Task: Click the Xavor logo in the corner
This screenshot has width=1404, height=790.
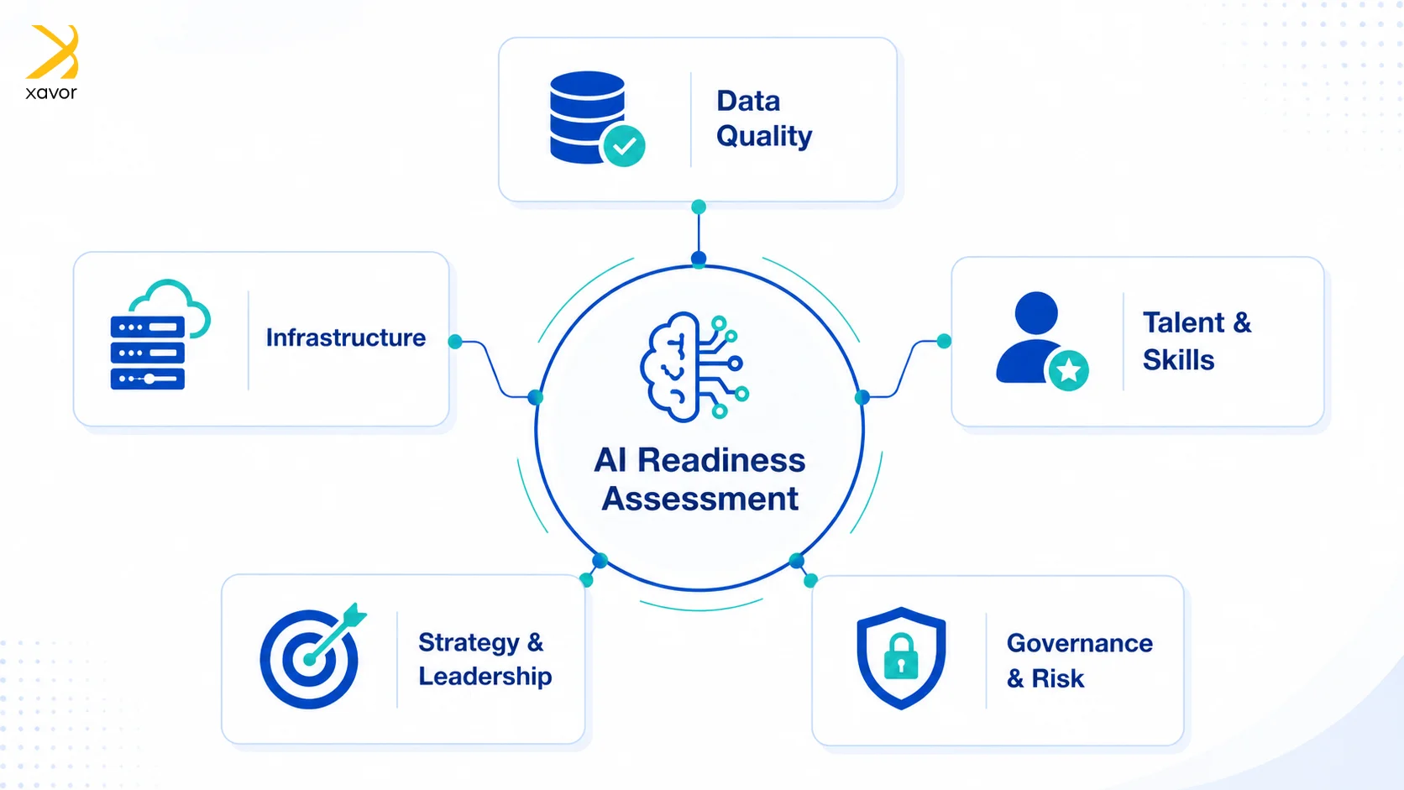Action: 51,62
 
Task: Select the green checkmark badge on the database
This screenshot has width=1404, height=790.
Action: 624,146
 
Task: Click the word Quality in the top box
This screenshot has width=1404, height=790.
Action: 764,137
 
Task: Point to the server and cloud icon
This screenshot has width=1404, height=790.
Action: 160,334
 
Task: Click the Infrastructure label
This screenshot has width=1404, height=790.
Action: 346,337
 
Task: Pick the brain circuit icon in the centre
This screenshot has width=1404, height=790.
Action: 694,367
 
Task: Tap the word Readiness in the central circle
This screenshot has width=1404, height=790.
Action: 721,460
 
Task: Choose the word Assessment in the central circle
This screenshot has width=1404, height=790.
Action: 700,500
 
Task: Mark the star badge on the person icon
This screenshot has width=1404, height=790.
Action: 1068,370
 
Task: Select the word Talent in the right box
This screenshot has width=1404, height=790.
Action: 1184,322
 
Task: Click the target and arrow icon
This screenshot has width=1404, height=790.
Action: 312,656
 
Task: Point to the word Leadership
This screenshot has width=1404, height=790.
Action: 485,677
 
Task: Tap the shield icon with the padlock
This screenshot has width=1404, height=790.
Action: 901,658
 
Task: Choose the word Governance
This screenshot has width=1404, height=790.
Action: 1080,643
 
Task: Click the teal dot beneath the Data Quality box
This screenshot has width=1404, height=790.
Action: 699,207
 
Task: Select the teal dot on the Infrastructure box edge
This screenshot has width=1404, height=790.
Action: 456,342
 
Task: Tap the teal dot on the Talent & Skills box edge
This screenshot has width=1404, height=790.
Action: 944,341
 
